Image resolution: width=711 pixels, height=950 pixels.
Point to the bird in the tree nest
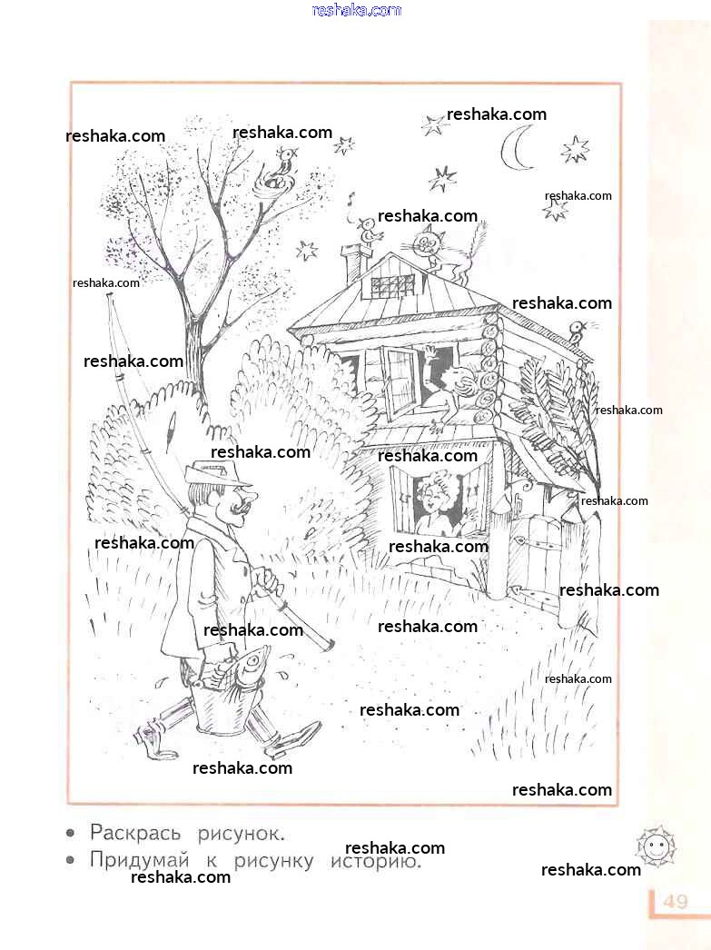284,163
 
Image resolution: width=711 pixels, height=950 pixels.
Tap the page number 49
676,902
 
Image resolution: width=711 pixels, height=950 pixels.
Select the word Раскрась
135,833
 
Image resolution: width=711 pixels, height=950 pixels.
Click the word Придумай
139,860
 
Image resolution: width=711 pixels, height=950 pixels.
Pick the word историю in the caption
376,861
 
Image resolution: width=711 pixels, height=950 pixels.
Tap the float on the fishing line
171,425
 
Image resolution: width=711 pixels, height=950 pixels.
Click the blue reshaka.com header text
356,10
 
